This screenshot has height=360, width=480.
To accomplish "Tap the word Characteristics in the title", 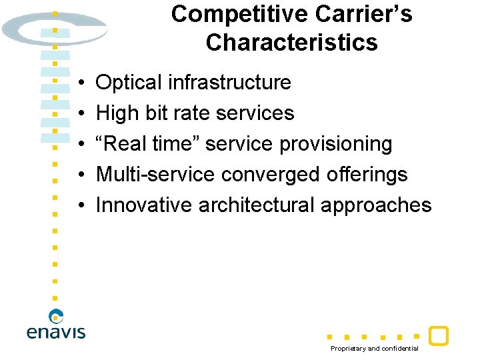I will (291, 43).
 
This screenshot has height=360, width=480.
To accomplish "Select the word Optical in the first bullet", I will (129, 83).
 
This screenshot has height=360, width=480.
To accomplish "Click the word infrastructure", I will (229, 83).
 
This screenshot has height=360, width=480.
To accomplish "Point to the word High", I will (117, 113).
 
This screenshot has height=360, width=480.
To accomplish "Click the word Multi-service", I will (155, 174).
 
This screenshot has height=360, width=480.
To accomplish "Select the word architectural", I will (257, 205).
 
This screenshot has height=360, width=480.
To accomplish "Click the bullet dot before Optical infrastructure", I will (80, 83).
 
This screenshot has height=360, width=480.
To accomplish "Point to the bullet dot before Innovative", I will (80, 205).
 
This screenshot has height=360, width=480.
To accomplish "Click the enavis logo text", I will (56, 331).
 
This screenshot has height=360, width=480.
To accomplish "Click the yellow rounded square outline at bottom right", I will (438, 335).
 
